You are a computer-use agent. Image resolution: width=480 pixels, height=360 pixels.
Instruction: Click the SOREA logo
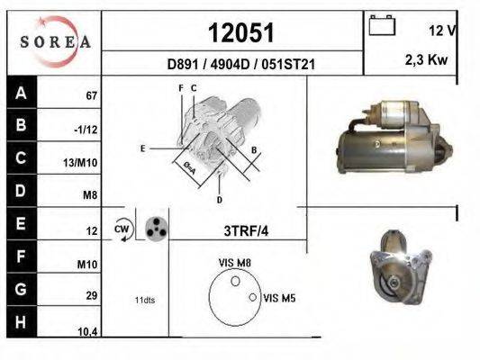[x=55, y=41]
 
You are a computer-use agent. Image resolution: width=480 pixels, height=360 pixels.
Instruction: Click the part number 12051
[x=241, y=32]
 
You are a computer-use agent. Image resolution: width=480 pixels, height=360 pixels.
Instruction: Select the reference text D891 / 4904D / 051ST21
[x=241, y=64]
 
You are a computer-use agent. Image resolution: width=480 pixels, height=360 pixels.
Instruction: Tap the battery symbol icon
[x=382, y=25]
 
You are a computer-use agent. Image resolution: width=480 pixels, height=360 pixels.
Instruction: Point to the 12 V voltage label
[x=442, y=31]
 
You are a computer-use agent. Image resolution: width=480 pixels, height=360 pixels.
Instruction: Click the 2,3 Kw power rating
[x=426, y=59]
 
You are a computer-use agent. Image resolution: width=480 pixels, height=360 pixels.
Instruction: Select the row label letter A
[x=21, y=93]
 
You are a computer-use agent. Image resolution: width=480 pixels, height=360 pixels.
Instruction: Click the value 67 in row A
[x=91, y=96]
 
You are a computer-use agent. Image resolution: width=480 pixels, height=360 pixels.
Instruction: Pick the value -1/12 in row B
[x=86, y=130]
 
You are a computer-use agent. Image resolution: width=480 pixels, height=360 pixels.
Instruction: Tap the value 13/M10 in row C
[x=80, y=163]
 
